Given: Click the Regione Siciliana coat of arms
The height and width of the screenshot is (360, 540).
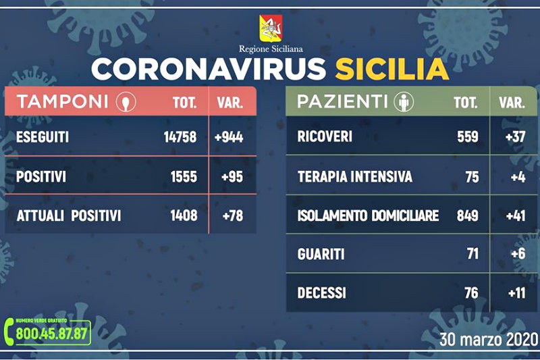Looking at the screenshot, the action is (271, 28).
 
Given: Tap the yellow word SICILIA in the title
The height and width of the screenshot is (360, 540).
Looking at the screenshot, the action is (391, 69).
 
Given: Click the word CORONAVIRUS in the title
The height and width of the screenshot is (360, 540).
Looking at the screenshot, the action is (209, 69).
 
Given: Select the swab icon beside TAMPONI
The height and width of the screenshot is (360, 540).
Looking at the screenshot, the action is (126, 101).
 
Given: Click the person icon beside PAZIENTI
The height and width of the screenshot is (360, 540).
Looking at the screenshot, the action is (404, 101).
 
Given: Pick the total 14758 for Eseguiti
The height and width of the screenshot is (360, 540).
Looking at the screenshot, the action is (180, 137).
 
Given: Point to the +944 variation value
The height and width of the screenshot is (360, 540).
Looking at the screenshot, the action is (229, 137).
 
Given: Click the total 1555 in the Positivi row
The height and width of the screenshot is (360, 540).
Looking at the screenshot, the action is (184, 177).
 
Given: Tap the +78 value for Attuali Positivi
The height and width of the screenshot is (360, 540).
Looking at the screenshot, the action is (233, 216).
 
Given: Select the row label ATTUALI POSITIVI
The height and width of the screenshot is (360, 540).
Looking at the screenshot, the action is (69, 216).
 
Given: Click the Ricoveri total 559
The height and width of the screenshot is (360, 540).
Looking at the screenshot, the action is (468, 136).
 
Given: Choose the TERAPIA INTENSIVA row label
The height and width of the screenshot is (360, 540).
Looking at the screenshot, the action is (355, 177).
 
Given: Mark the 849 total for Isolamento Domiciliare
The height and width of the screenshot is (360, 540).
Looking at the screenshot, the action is (468, 215).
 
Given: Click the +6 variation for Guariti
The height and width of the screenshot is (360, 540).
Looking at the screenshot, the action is (518, 254).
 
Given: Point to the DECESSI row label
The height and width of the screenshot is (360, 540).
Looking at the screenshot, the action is (322, 293).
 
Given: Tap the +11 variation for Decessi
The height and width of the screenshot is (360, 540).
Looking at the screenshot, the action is (517, 293).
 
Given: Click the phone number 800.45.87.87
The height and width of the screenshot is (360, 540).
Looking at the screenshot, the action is (52, 334).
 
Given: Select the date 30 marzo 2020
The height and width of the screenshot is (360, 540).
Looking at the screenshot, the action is (489, 339).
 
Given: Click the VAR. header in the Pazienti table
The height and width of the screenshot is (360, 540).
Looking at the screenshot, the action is (512, 103).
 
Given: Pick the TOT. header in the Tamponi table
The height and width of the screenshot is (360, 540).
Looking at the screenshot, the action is (184, 103).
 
